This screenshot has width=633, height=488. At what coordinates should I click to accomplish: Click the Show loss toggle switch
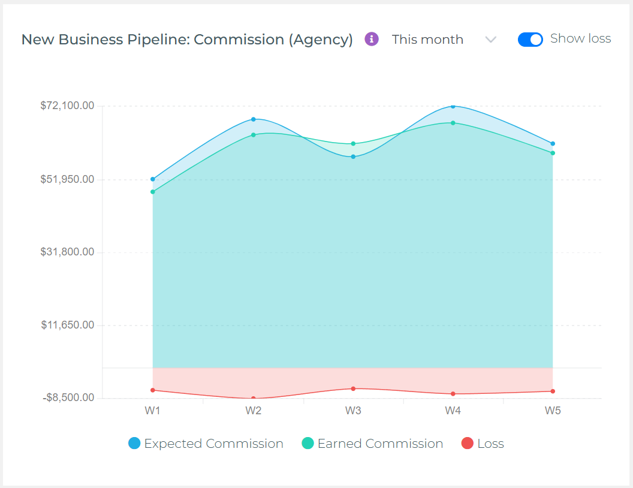530,40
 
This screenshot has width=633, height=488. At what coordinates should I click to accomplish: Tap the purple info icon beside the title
372,40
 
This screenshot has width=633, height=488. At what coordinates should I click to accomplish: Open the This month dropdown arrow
491,40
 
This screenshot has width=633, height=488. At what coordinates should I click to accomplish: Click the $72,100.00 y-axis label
67,106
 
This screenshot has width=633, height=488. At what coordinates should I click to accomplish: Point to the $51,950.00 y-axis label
67,179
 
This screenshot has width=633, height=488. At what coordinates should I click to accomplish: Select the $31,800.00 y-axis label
67,252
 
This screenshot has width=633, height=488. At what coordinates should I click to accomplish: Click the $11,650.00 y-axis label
67,326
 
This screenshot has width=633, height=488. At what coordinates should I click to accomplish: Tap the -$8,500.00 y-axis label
67,398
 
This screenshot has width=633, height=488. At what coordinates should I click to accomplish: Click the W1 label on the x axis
153,411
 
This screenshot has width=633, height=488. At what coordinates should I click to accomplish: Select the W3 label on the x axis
353,411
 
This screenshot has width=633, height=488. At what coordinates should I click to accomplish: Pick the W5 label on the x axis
553,411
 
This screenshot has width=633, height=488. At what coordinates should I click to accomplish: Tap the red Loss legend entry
483,444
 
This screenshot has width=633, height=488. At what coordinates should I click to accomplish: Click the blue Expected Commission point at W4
453,106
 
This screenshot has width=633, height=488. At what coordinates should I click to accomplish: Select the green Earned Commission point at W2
253,135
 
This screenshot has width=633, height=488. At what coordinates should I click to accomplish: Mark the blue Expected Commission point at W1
153,179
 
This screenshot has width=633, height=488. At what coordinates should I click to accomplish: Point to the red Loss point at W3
353,388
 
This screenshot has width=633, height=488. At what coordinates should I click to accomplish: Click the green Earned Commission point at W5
553,153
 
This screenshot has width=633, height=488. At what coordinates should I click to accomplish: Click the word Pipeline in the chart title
158,40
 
